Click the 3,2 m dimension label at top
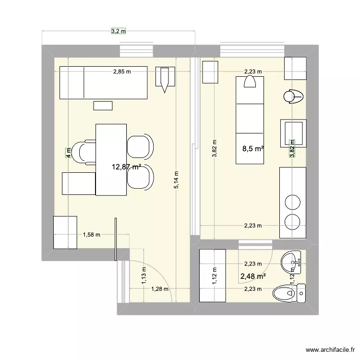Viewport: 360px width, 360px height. point(118,31)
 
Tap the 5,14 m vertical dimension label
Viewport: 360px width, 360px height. point(177,180)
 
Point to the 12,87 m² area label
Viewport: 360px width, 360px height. point(126,167)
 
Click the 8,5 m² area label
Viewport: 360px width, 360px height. point(253,149)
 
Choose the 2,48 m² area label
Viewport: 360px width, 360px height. point(253,276)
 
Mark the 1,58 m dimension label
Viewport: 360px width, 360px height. point(91,235)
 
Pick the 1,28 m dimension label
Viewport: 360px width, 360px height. point(160,289)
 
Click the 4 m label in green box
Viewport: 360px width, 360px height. point(68,154)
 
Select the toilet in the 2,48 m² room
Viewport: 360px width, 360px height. point(288,291)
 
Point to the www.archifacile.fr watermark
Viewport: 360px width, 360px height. point(332,350)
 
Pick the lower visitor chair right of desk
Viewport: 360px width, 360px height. point(140,176)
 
